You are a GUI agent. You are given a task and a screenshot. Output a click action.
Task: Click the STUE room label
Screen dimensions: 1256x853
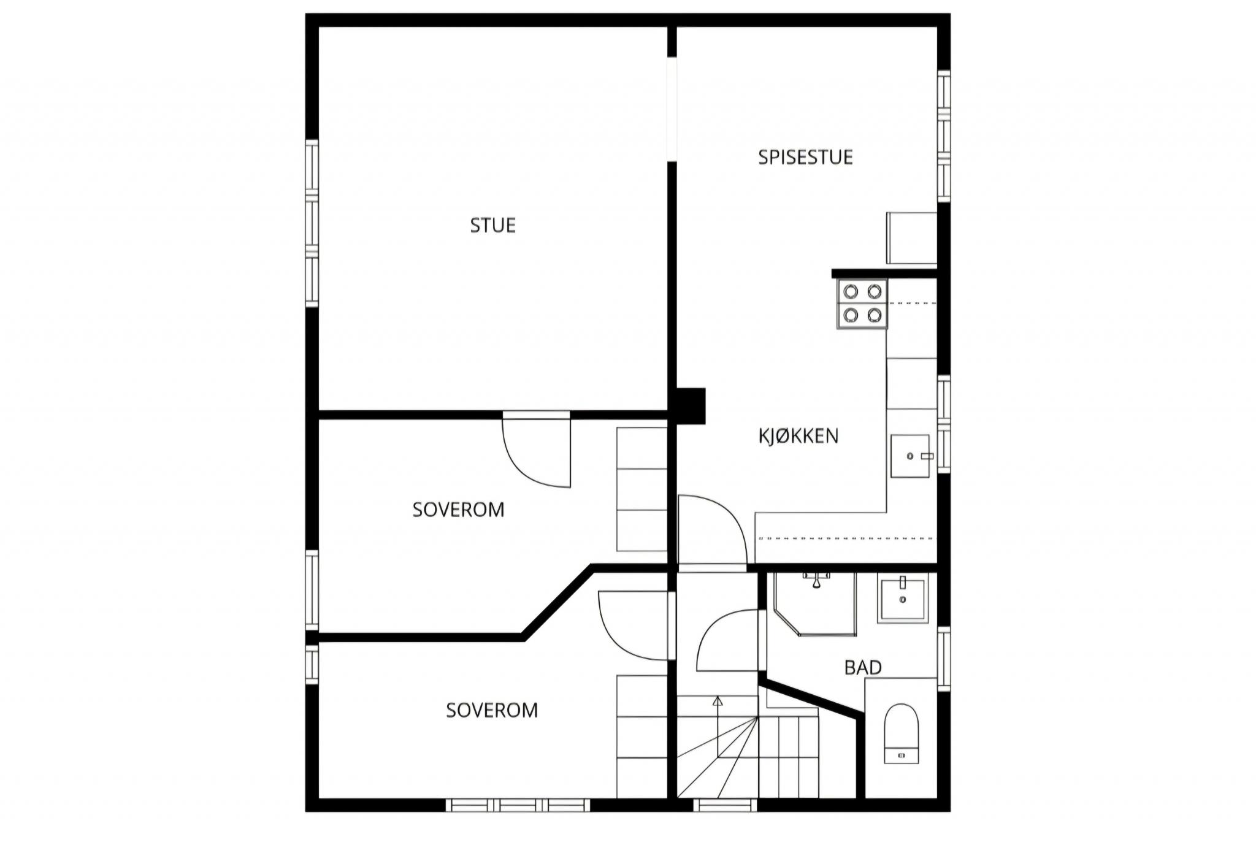pos(492,226)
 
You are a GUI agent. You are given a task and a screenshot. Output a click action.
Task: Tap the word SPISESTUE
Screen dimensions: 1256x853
pos(805,158)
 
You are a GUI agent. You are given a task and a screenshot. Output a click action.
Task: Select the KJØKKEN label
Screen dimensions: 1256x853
pos(798,436)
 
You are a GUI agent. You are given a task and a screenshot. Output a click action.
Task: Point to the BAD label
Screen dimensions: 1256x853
pos(863,667)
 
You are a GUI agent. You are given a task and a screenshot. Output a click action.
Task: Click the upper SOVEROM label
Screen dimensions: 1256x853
pos(458,510)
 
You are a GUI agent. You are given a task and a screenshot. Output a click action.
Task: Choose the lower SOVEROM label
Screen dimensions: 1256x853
pos(492,710)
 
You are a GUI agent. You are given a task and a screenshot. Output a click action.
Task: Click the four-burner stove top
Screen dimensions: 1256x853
pos(862,304)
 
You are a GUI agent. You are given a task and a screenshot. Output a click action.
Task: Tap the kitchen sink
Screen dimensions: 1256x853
pos(910,456)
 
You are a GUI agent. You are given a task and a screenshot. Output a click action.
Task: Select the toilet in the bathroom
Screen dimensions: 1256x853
pos(902,733)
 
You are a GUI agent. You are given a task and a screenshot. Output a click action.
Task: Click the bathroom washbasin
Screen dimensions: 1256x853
pos(902,598)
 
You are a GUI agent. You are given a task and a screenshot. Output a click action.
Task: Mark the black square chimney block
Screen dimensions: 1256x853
pos(691,406)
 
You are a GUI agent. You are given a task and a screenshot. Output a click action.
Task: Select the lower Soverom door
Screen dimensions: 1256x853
pos(634,625)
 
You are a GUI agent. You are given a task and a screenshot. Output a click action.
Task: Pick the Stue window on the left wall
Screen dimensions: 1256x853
pos(312,223)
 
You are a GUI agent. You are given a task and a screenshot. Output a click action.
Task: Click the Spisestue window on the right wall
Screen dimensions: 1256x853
pos(944,136)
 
